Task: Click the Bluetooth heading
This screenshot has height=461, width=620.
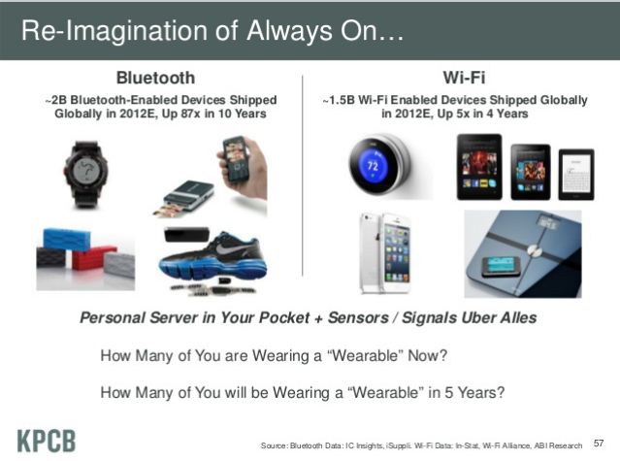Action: (x=155, y=78)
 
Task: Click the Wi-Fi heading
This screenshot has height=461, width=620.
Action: (x=464, y=78)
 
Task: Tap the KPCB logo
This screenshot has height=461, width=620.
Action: (x=47, y=441)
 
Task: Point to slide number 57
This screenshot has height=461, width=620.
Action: (x=599, y=444)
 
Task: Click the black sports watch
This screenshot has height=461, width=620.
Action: (x=85, y=174)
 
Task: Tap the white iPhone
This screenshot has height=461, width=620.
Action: (x=385, y=253)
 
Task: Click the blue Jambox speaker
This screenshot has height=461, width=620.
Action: (x=66, y=239)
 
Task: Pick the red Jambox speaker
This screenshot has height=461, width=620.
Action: (x=94, y=258)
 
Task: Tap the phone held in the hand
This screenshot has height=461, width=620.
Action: (x=236, y=158)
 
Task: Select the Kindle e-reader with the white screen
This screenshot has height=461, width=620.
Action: (x=576, y=175)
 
